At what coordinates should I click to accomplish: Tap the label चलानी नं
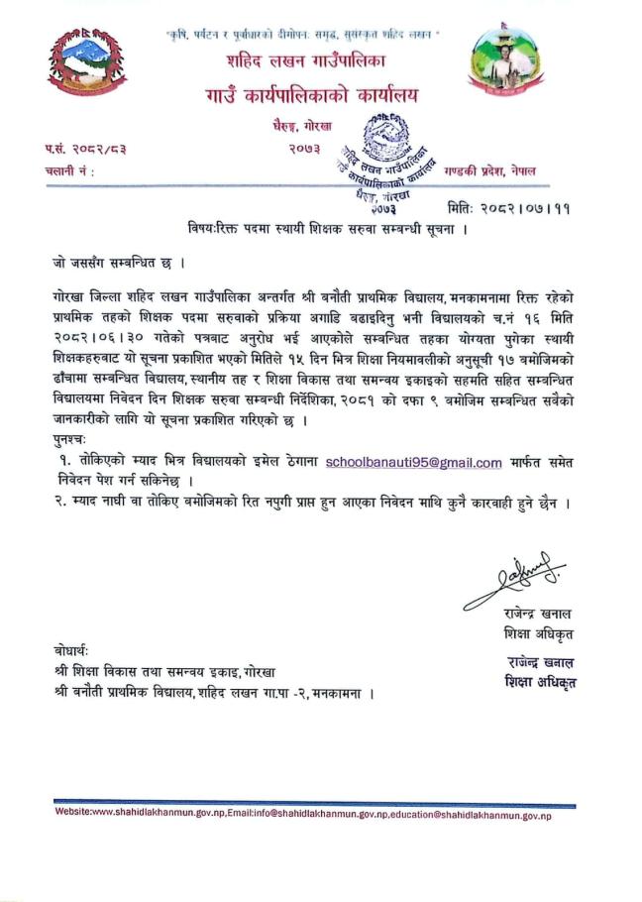[69, 170]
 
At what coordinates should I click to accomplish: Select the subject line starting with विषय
[327, 230]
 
